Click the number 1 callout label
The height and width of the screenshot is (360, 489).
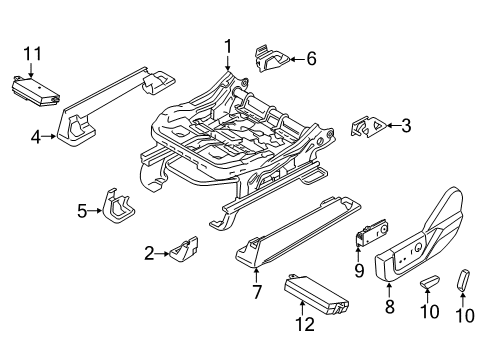click(x=227, y=44)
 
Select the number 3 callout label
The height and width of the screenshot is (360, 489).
click(x=405, y=125)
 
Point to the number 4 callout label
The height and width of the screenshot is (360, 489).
click(x=35, y=139)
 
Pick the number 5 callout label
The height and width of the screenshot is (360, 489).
click(x=83, y=210)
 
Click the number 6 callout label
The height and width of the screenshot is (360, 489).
click(x=310, y=59)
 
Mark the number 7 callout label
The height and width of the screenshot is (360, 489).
click(x=255, y=291)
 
